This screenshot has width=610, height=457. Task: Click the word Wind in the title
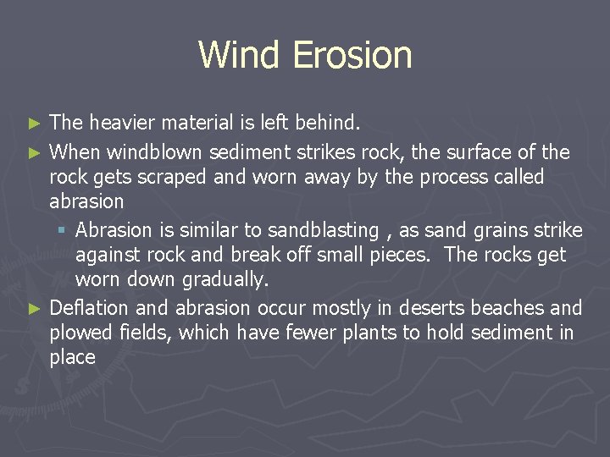(x=240, y=55)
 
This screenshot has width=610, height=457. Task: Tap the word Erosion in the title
(x=352, y=55)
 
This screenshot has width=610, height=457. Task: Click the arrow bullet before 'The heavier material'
(x=34, y=124)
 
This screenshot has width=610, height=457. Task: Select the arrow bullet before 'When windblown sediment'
(x=34, y=153)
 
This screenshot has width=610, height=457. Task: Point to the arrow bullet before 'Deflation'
(x=34, y=308)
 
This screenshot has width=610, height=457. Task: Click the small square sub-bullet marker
(x=64, y=231)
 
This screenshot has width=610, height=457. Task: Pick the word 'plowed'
(x=78, y=333)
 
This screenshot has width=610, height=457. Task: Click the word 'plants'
(x=369, y=333)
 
